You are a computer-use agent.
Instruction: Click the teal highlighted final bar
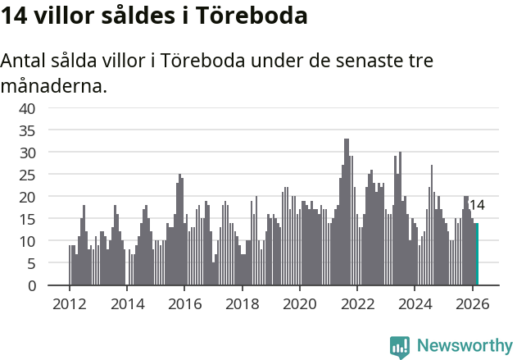[x=477, y=254]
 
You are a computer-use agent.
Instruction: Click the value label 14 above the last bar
[x=476, y=206]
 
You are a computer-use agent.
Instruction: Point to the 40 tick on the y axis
[x=27, y=108]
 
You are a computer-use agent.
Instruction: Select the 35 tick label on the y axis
[x=27, y=130]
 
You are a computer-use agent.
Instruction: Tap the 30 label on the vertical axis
[x=27, y=153]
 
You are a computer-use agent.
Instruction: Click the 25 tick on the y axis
[x=27, y=175]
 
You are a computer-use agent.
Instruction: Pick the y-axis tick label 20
[x=27, y=197]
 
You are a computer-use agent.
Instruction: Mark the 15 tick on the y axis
[x=27, y=219]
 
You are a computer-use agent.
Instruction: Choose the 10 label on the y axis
[x=27, y=241]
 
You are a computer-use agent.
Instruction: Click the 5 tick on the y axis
[x=31, y=263]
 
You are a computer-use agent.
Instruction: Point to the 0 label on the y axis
[x=31, y=285]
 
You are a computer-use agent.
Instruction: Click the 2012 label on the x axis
[x=69, y=303]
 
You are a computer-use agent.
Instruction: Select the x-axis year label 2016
[x=184, y=303]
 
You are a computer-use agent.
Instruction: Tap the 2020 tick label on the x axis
[x=299, y=303]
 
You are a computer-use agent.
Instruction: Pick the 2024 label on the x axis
[x=415, y=303]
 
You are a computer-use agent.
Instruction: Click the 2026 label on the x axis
[x=472, y=303]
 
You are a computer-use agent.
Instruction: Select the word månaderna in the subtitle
[x=54, y=85]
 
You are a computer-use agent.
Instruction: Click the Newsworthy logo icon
[x=400, y=347]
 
